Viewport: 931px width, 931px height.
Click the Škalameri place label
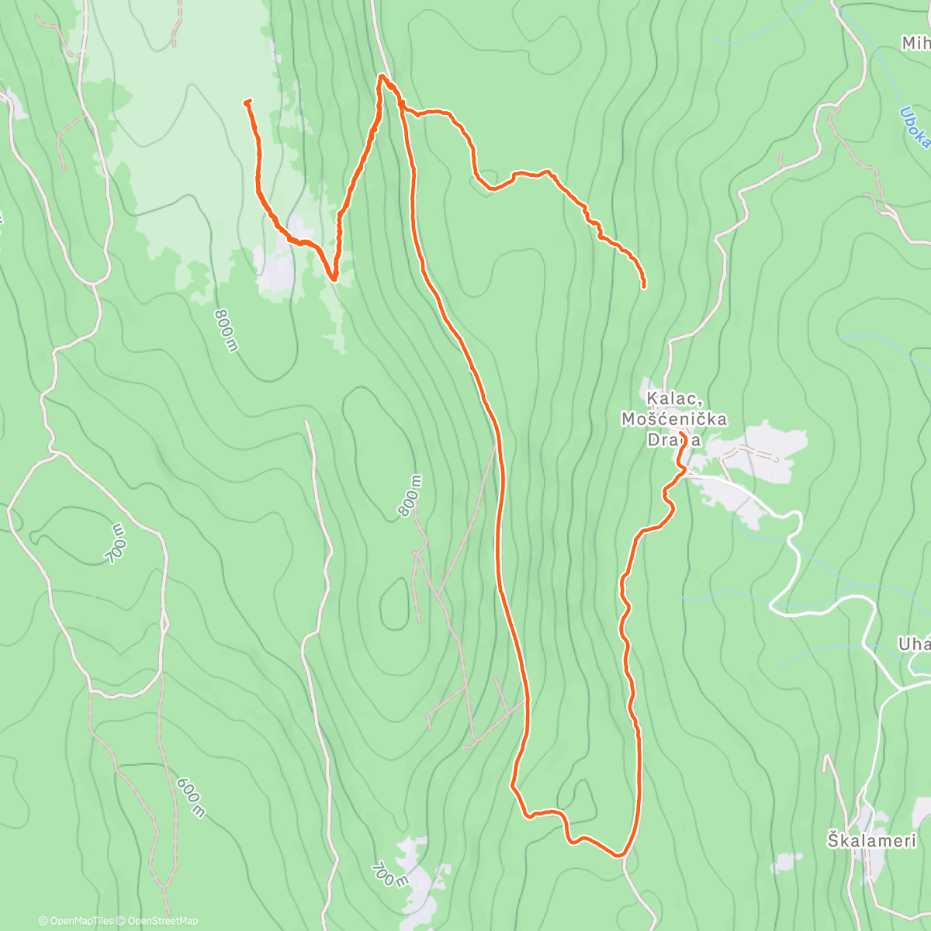coord(871,840)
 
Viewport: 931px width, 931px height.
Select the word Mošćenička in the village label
coord(674,420)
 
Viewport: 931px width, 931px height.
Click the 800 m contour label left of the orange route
coord(410,496)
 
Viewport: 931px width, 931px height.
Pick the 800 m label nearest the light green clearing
coord(225,330)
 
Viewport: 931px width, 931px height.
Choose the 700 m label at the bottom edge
coord(389,874)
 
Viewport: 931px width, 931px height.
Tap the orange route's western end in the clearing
coord(246,102)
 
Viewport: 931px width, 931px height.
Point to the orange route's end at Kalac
coord(680,433)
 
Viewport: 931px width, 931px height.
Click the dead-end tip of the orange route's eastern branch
coord(644,287)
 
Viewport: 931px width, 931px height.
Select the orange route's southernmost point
coord(619,856)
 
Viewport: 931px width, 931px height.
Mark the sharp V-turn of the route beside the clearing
coord(333,278)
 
